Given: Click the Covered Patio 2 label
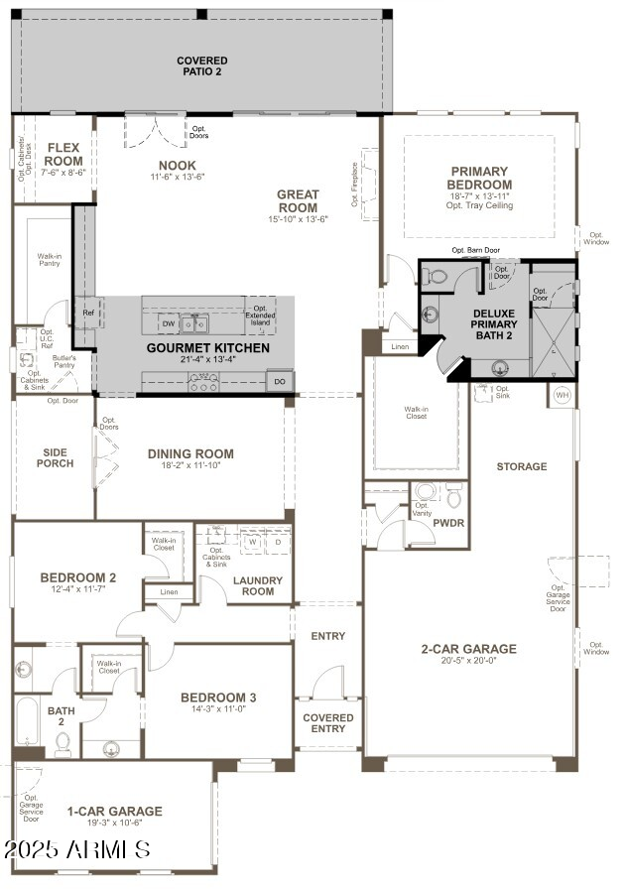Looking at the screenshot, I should pos(201,66).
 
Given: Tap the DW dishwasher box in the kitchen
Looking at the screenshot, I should pos(168,323).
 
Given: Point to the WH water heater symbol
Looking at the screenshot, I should pos(562,395).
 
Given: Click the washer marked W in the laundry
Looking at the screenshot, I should pos(252,543).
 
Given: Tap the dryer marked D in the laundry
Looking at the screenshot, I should pos(278,543).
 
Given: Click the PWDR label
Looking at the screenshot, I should pos(448,522).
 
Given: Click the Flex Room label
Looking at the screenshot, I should pos(64,154).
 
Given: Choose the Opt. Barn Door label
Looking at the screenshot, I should pos(475,251).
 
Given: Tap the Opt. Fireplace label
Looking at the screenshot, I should pos(355,186).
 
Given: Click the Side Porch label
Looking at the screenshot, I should pos(56,457).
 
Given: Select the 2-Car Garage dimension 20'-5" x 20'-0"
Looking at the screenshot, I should pos(468,664).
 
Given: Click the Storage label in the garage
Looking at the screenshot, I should pos(522,466).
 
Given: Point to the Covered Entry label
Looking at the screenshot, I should pos(327,723).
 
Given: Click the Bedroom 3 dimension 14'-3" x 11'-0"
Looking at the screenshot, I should pos(218,709).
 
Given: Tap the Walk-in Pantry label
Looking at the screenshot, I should pos(50,260).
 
